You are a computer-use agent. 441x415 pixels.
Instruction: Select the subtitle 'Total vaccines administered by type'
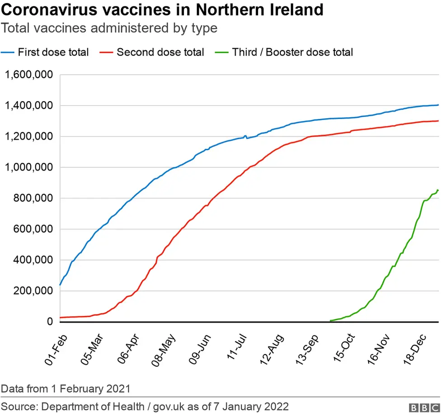[x=109, y=28]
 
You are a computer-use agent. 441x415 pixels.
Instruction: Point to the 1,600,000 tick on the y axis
[x=29, y=75]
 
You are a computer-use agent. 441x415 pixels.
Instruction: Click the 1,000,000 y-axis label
[x=29, y=167]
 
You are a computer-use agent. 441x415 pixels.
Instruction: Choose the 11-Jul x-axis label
[x=236, y=349]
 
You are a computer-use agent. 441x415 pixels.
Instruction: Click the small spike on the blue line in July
[x=245, y=136]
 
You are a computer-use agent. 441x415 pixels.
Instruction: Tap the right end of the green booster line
[x=437, y=190]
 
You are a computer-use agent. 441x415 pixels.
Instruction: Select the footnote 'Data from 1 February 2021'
[x=66, y=388]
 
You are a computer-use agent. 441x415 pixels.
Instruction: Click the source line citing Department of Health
[x=145, y=406]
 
